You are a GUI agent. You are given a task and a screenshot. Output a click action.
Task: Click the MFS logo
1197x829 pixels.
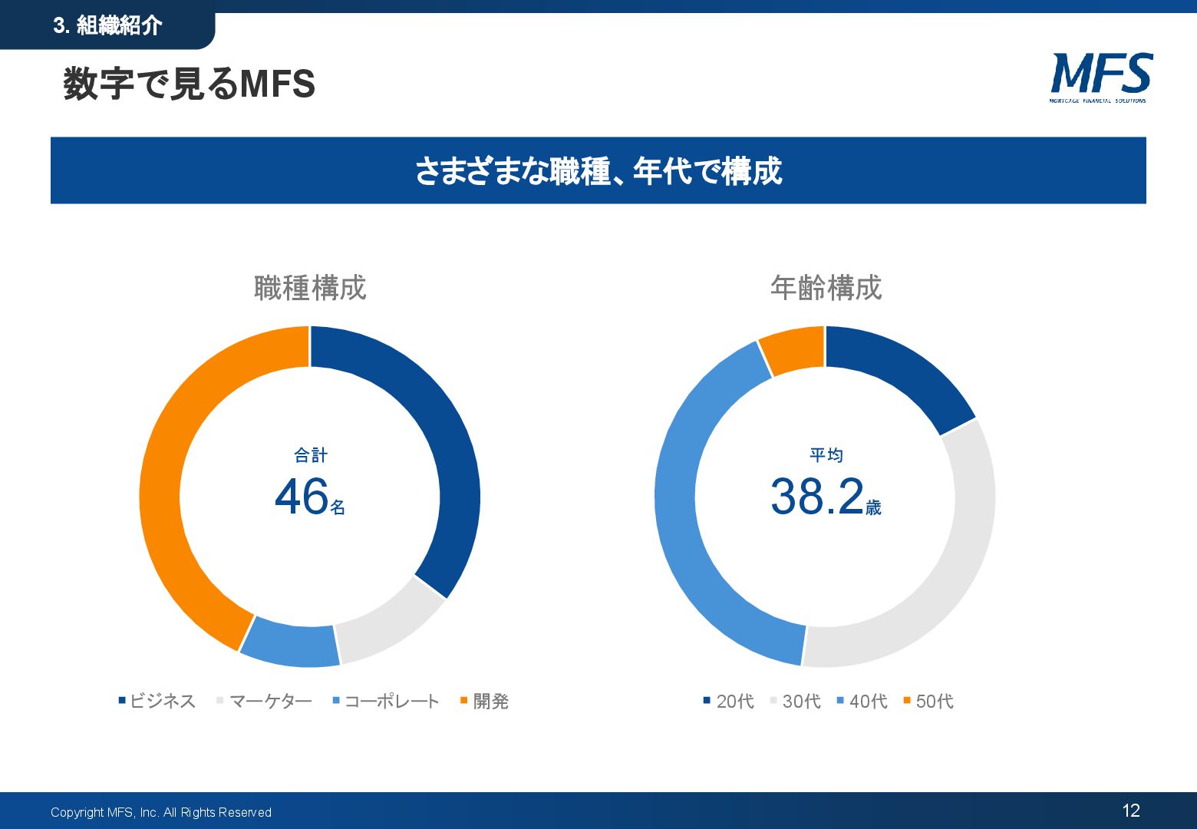click(1100, 77)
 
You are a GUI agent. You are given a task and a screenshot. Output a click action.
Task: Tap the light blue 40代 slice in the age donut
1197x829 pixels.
click(691, 537)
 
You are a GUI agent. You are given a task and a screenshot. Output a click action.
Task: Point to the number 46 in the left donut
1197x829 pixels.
click(302, 497)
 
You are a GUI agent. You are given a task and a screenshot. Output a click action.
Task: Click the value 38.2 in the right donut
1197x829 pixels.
click(817, 497)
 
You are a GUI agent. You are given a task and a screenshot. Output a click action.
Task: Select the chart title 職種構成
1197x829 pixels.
click(310, 288)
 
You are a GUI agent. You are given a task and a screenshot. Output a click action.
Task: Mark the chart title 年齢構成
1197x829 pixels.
click(826, 288)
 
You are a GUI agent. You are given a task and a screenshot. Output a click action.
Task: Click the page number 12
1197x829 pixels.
click(1131, 811)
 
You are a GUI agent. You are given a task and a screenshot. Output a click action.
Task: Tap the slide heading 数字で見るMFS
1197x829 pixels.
click(189, 84)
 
